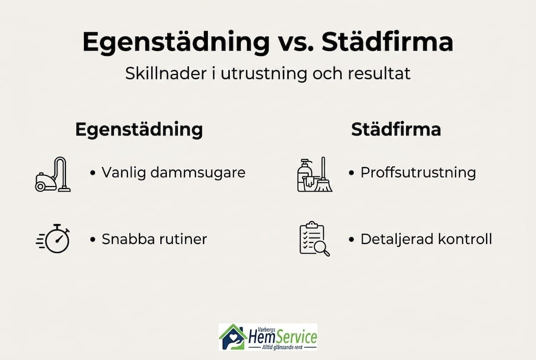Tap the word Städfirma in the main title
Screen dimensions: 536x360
click(387, 41)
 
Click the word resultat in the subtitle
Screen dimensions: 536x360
click(379, 73)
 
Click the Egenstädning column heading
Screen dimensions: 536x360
click(139, 129)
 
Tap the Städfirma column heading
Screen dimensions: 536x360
click(396, 129)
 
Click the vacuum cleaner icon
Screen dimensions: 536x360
click(53, 174)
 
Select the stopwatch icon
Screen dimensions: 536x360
click(53, 238)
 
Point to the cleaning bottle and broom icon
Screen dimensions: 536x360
click(315, 174)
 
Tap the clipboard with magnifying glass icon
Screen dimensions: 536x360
click(315, 238)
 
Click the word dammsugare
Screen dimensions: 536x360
click(198, 173)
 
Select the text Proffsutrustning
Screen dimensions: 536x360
click(418, 172)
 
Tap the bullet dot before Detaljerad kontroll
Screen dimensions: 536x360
click(351, 239)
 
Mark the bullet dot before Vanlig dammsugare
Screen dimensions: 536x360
click(92, 173)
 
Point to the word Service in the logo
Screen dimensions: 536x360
click(296, 336)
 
